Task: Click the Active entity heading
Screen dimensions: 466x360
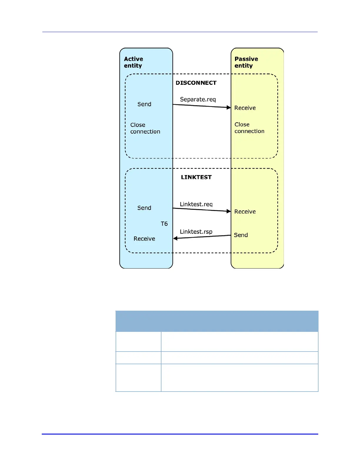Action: (x=134, y=62)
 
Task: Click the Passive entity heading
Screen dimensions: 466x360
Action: (x=246, y=62)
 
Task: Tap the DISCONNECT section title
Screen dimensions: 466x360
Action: (x=196, y=83)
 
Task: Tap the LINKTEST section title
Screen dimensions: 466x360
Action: (x=196, y=177)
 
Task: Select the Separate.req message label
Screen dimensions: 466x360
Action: (x=198, y=99)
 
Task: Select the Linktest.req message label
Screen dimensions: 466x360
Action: (x=196, y=204)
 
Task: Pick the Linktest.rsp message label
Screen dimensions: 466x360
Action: (x=196, y=232)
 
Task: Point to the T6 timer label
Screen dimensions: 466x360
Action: (x=164, y=224)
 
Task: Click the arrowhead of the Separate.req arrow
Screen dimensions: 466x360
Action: (x=229, y=108)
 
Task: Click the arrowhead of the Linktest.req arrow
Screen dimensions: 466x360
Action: (x=229, y=211)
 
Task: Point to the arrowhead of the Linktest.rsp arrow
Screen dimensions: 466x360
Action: (x=175, y=238)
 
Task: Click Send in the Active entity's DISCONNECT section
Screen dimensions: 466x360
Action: (x=144, y=104)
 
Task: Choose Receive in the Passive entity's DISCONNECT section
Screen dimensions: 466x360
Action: (x=245, y=108)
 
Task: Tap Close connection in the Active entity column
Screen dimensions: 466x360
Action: (x=145, y=128)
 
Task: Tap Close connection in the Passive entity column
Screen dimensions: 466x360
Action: (x=249, y=128)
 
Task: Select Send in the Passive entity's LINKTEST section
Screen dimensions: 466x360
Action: (x=241, y=235)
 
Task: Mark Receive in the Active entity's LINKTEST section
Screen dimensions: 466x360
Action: (x=144, y=239)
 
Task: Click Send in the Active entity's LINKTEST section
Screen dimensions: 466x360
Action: (x=144, y=208)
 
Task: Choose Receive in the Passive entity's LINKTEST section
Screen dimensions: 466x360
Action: (x=245, y=212)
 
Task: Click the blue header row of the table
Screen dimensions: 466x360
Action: (x=217, y=321)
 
